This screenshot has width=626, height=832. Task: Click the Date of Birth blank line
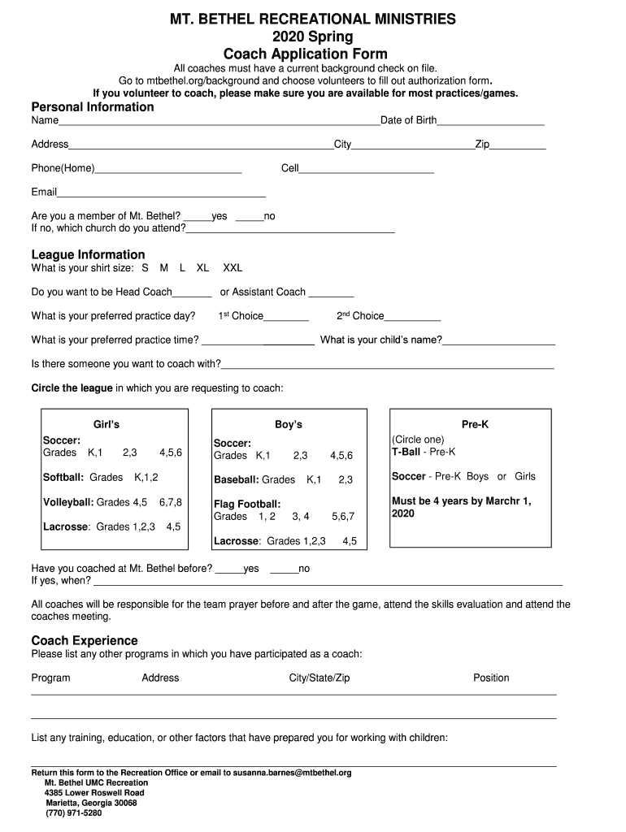coord(491,123)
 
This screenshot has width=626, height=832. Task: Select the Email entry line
coord(161,195)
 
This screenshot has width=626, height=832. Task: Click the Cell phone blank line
coord(367,171)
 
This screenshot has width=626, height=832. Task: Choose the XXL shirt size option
coord(233,267)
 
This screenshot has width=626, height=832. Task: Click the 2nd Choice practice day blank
coord(412,319)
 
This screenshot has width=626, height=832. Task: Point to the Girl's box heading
coord(107,424)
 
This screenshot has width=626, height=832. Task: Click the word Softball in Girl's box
coord(63,477)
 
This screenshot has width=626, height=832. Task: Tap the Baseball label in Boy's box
coord(236,480)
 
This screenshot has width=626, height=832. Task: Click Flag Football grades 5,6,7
coord(343,516)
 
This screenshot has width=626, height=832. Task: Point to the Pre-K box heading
coord(475,424)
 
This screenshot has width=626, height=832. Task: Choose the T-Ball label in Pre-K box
coord(405,452)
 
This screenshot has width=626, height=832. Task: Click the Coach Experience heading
coord(85,640)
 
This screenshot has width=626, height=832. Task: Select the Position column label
coord(491,678)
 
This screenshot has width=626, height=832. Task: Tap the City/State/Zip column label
coord(319,678)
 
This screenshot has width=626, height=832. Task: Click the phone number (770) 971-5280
coord(74,812)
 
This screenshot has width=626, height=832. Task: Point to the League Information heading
coord(88,254)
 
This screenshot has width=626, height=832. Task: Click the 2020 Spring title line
coord(312,37)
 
